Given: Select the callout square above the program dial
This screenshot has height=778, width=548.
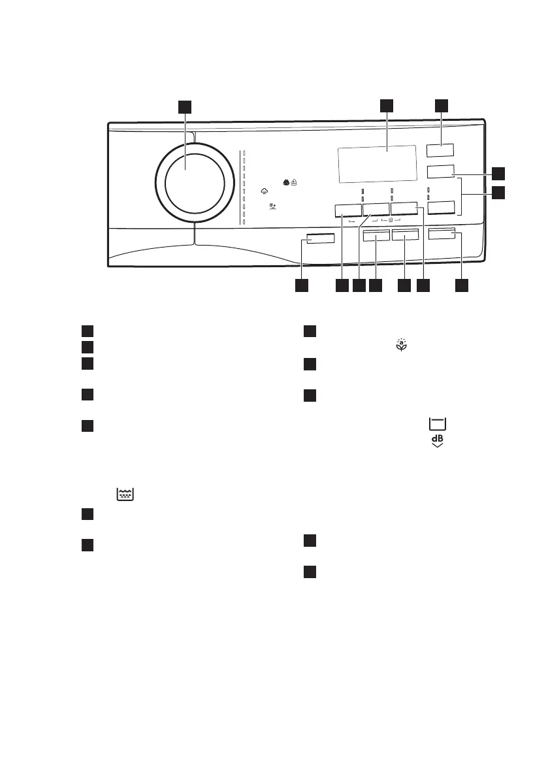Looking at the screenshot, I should point(185,107).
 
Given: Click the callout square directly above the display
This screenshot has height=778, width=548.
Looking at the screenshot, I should point(387,106).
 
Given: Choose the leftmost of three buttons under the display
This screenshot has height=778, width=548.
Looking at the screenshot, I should point(348,210).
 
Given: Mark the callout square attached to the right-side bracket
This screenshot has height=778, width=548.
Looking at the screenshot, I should point(499,193).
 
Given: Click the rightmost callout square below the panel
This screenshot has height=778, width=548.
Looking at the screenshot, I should point(462,285).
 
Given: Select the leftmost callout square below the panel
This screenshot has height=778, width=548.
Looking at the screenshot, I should point(301,285).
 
